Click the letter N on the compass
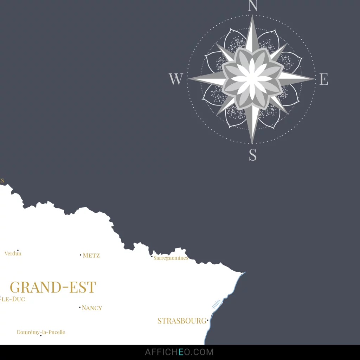(252, 6)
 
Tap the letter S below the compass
(252, 155)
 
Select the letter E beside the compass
(323, 79)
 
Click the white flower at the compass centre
(252, 79)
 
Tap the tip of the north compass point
(252, 16)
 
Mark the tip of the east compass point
(315, 79)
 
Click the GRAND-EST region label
(53, 287)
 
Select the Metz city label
(91, 256)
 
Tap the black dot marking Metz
(81, 255)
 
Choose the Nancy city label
(92, 308)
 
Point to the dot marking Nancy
(80, 307)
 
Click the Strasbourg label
(182, 321)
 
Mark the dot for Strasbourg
(207, 320)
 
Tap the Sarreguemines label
(171, 258)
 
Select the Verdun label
(13, 253)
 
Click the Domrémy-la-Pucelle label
(41, 332)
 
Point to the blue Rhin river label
(216, 304)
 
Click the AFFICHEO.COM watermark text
(179, 352)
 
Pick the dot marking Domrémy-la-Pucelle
(41, 335)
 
